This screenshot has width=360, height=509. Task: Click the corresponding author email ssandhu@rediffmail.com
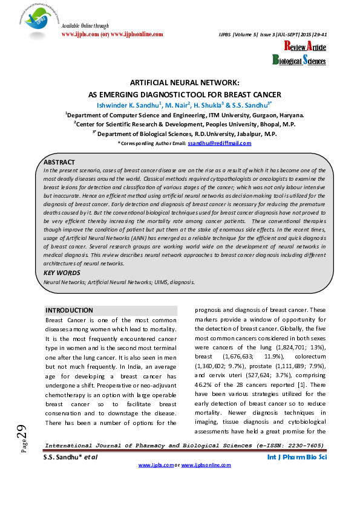coord(219,143)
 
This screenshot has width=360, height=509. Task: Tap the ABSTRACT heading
coord(59,163)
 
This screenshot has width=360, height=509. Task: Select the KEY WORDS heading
coord(61,273)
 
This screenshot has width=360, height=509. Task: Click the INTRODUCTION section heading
coord(70,310)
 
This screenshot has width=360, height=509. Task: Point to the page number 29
coord(22,433)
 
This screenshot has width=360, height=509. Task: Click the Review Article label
coord(305,47)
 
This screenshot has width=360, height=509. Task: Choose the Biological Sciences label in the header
coord(299,60)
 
